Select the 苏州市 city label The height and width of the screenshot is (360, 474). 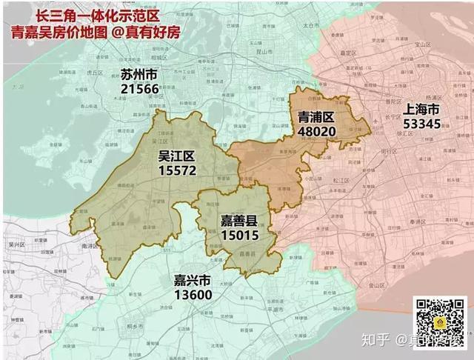tap(138, 75)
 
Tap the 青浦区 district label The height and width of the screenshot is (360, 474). tap(317, 117)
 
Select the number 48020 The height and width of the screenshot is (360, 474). tap(317, 131)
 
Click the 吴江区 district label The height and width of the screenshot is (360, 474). tap(176, 156)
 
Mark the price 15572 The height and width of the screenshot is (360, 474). tap(176, 170)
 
